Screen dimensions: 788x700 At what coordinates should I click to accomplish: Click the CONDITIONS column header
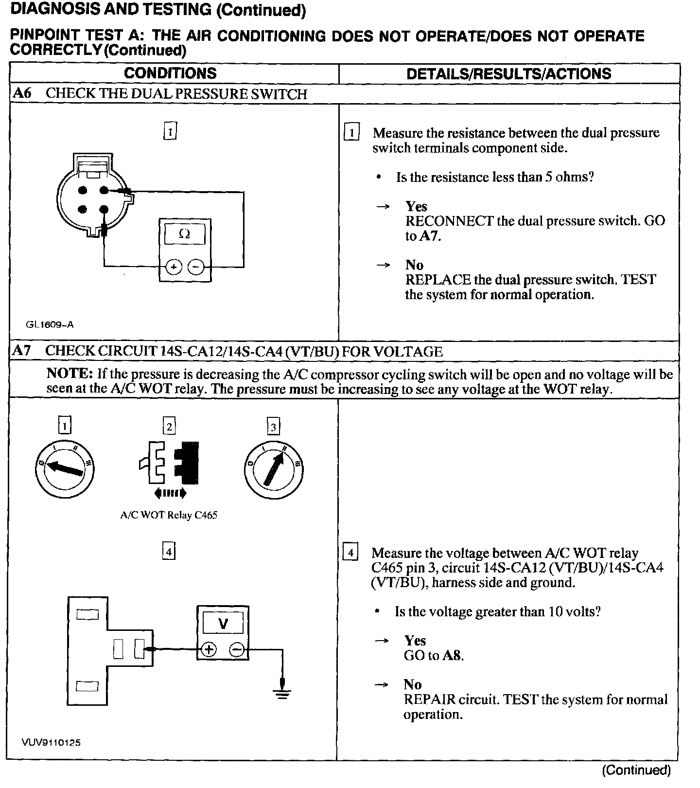170,73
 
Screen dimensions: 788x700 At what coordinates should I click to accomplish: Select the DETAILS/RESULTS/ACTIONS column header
508,74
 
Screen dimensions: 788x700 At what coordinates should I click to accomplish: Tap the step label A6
22,93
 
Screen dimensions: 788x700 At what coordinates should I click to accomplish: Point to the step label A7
22,351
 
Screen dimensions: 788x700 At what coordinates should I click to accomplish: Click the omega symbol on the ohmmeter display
185,234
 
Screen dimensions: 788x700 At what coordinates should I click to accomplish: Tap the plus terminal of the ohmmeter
174,267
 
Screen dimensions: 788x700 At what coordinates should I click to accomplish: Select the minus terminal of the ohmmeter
196,267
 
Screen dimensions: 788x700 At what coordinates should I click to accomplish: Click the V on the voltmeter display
223,624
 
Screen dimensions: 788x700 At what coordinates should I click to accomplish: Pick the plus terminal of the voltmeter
209,649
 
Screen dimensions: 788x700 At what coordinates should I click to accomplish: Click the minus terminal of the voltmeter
237,649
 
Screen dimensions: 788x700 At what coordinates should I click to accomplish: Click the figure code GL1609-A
50,324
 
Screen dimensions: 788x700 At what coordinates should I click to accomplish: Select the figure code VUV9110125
51,743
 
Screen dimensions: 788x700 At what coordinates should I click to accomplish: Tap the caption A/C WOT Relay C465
169,515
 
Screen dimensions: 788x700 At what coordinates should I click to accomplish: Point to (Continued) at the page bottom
636,770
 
